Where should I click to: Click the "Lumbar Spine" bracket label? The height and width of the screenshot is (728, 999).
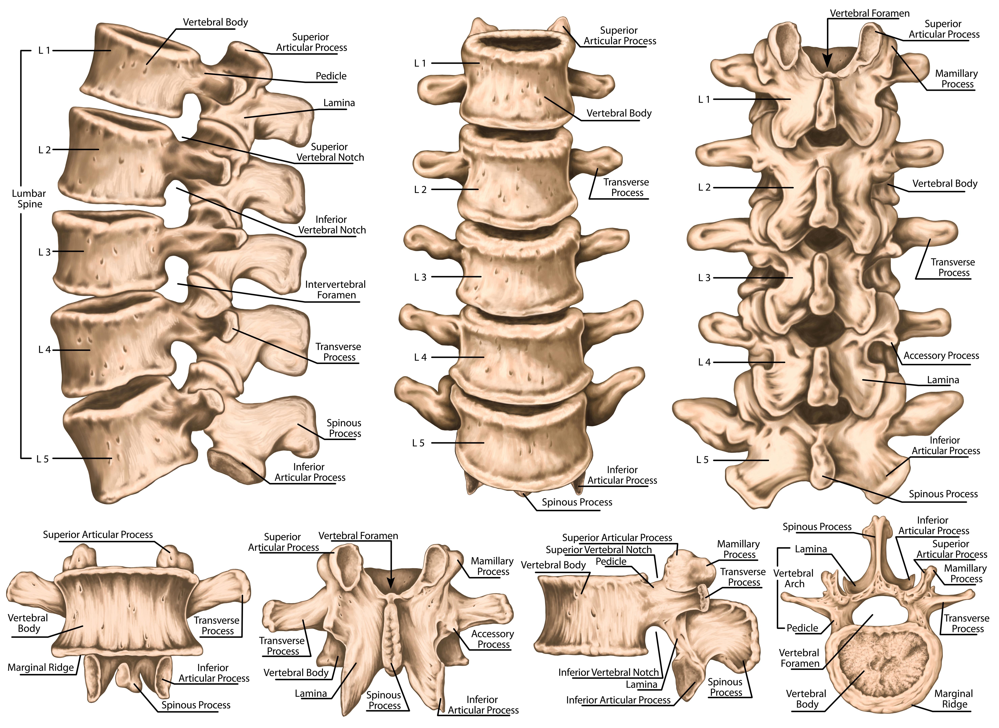coord(29,199)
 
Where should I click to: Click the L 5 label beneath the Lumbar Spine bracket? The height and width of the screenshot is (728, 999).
coord(42,459)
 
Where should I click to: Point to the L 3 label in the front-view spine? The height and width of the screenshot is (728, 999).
coord(420,277)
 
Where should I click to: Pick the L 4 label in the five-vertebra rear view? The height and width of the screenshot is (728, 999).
coord(705,362)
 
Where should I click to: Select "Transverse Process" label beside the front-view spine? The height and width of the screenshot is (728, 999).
coord(627,187)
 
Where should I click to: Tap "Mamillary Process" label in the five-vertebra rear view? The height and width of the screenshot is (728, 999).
coord(957,78)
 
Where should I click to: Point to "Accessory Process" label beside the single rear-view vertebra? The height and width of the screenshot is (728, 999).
coord(493,639)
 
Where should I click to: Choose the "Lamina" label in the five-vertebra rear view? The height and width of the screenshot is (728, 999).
coord(943,380)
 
